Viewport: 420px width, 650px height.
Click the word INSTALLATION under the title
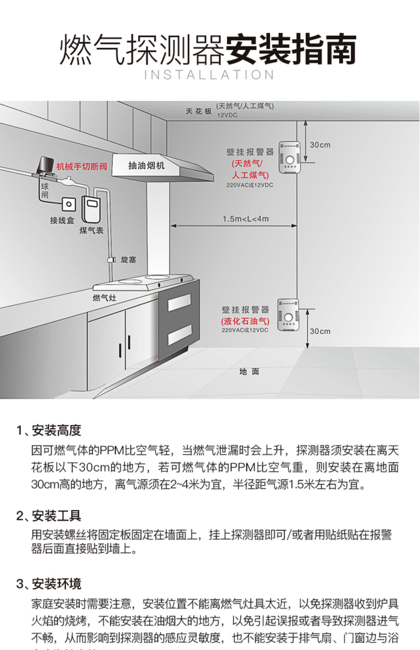point(209,75)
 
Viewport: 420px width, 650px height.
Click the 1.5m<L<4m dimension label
point(246,219)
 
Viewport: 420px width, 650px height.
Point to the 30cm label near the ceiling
point(320,145)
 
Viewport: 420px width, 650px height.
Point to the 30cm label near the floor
point(320,331)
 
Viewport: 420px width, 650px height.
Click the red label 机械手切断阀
point(81,167)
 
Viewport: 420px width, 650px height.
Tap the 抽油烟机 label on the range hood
point(146,166)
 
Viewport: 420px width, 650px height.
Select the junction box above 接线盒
point(69,204)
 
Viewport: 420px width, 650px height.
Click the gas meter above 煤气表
point(90,209)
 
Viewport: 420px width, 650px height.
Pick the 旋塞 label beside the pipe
point(128,259)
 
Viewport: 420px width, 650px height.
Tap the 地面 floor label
point(249,371)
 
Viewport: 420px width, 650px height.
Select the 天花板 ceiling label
point(199,111)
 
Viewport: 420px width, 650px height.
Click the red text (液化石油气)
point(245,321)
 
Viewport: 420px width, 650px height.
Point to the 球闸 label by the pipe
point(45,190)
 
